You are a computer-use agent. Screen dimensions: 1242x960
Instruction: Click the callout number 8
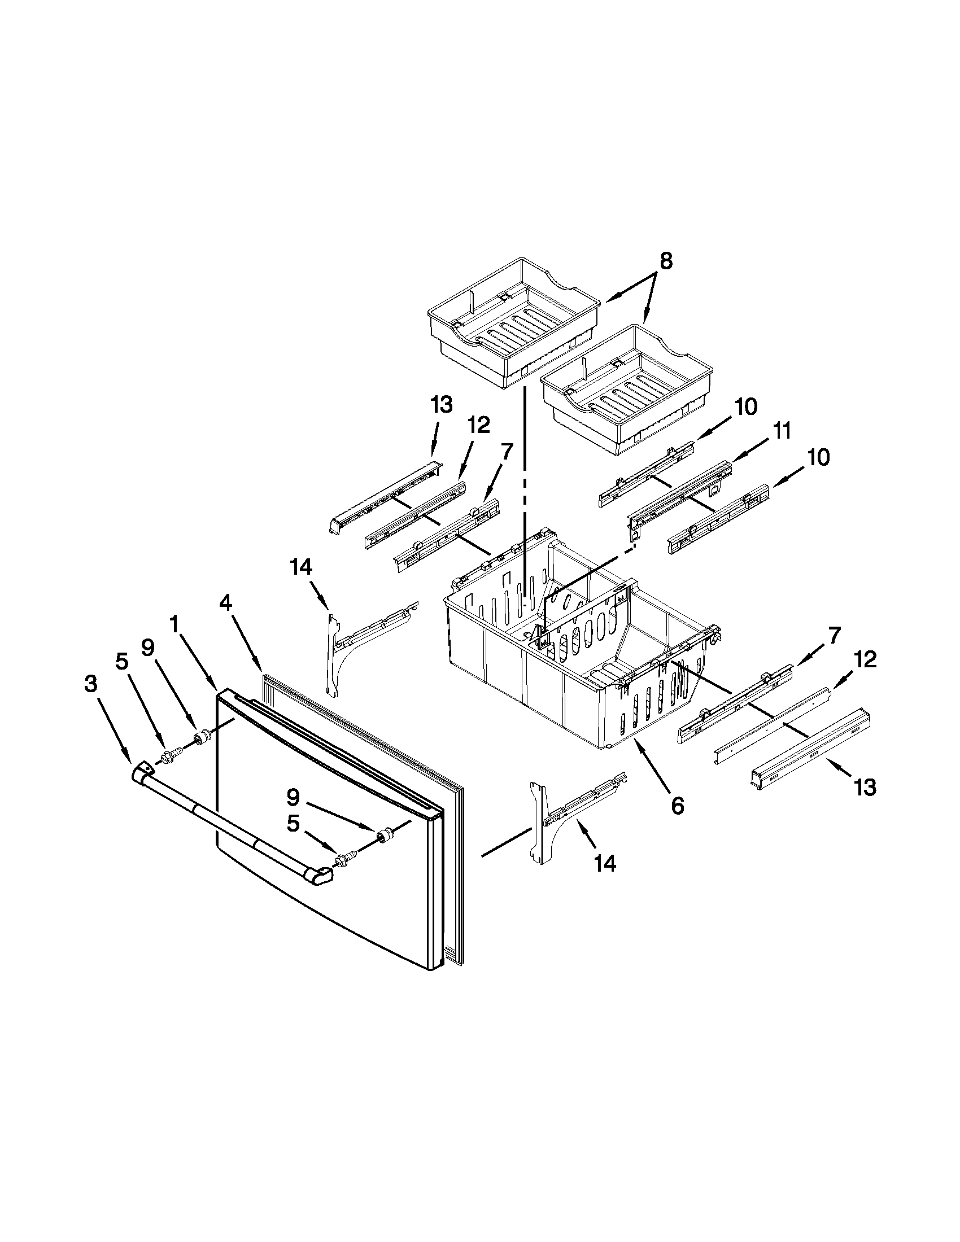pyautogui.click(x=666, y=261)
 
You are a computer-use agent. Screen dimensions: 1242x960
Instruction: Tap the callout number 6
pyautogui.click(x=677, y=805)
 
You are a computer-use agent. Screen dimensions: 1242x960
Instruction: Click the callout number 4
pyautogui.click(x=226, y=603)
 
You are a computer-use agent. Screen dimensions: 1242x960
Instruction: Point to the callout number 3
pyautogui.click(x=90, y=685)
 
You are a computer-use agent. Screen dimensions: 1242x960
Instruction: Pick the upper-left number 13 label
pyautogui.click(x=442, y=405)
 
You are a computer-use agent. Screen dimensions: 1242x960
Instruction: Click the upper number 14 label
pyautogui.click(x=301, y=566)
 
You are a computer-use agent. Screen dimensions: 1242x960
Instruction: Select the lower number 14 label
pyautogui.click(x=605, y=864)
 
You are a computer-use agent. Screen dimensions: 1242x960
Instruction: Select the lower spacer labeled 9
pyautogui.click(x=383, y=835)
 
